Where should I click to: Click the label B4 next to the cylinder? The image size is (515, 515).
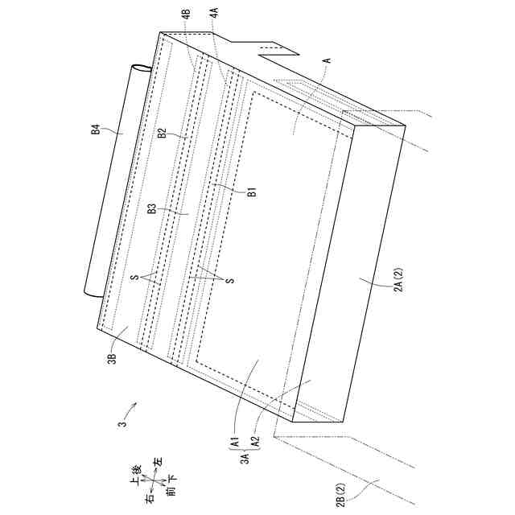(x=96, y=126)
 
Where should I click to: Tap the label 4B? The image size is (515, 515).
(x=187, y=14)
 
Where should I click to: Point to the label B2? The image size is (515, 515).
(x=162, y=134)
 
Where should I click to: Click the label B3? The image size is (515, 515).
(x=152, y=208)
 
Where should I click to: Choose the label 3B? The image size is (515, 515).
(x=113, y=359)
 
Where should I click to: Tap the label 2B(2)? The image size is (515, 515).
(x=342, y=495)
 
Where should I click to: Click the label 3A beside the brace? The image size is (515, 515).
(x=245, y=458)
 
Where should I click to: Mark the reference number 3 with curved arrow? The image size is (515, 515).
(x=122, y=424)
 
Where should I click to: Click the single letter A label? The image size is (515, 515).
(x=328, y=60)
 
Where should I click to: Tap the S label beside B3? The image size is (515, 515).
(x=136, y=277)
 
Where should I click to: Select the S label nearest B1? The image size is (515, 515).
(x=232, y=281)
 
